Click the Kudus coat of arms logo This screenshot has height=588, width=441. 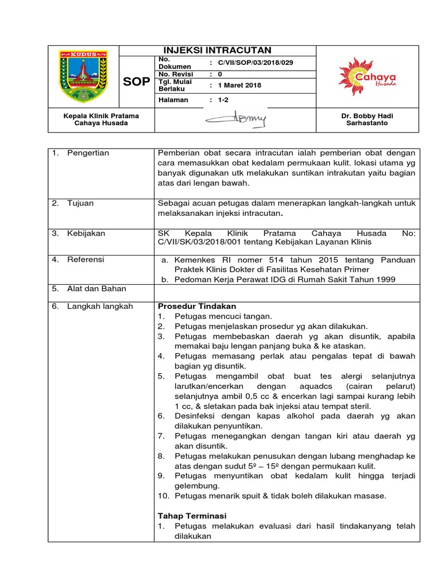(83, 75)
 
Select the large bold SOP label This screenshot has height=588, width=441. (136, 82)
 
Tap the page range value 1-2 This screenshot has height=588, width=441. (223, 100)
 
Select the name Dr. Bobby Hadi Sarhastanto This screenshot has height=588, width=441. (367, 119)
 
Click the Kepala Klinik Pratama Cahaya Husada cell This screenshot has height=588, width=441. (101, 119)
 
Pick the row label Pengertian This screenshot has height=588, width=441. (88, 153)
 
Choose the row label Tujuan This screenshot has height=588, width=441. (80, 203)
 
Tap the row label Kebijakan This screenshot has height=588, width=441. (86, 234)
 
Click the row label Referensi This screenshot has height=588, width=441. (86, 260)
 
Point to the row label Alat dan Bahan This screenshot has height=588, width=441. (96, 289)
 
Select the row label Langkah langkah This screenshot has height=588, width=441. (99, 306)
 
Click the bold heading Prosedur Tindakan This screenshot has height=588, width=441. (196, 306)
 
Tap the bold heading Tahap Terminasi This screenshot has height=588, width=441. (192, 515)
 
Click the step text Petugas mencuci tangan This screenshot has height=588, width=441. (223, 316)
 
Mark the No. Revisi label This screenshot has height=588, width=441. (176, 74)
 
